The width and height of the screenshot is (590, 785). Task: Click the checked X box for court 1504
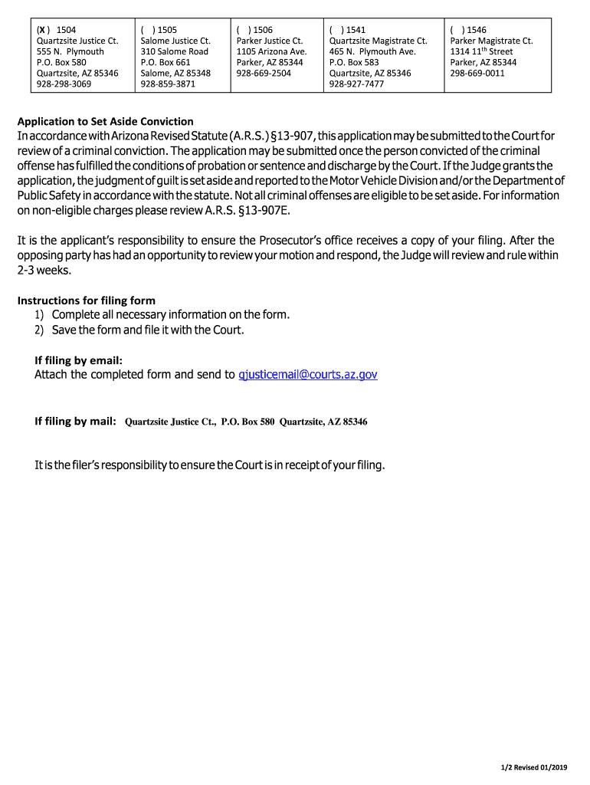pyautogui.click(x=44, y=30)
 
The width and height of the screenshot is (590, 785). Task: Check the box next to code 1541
pyautogui.click(x=336, y=30)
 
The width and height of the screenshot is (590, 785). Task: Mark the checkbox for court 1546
pyautogui.click(x=457, y=30)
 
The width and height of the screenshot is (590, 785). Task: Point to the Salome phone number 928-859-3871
pyautogui.click(x=168, y=84)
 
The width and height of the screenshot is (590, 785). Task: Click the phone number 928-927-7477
pyautogui.click(x=356, y=84)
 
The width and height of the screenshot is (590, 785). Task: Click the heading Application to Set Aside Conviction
pyautogui.click(x=106, y=121)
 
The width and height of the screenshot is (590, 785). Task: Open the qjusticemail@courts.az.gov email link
pyautogui.click(x=308, y=374)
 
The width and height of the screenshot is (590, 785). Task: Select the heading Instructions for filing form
pyautogui.click(x=87, y=301)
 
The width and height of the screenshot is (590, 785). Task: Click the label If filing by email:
pyautogui.click(x=78, y=360)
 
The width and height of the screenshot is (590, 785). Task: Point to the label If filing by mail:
pyautogui.click(x=75, y=422)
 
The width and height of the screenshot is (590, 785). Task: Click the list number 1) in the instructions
pyautogui.click(x=39, y=315)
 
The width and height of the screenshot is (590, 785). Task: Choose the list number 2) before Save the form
pyautogui.click(x=39, y=330)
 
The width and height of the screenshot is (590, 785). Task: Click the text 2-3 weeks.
pyautogui.click(x=45, y=269)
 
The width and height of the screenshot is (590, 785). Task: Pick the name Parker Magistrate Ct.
pyautogui.click(x=491, y=41)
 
